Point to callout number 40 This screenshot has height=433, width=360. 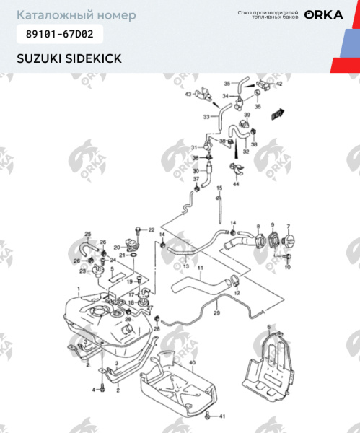click(192, 362)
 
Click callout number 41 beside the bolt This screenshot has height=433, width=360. click(222, 416)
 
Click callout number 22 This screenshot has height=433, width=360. click(152, 229)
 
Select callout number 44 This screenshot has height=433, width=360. click(236, 185)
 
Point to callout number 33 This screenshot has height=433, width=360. click(206, 117)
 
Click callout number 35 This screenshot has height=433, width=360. click(226, 83)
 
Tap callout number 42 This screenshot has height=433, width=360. click(280, 84)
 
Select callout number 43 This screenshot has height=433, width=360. click(188, 95)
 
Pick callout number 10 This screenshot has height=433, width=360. click(287, 268)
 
